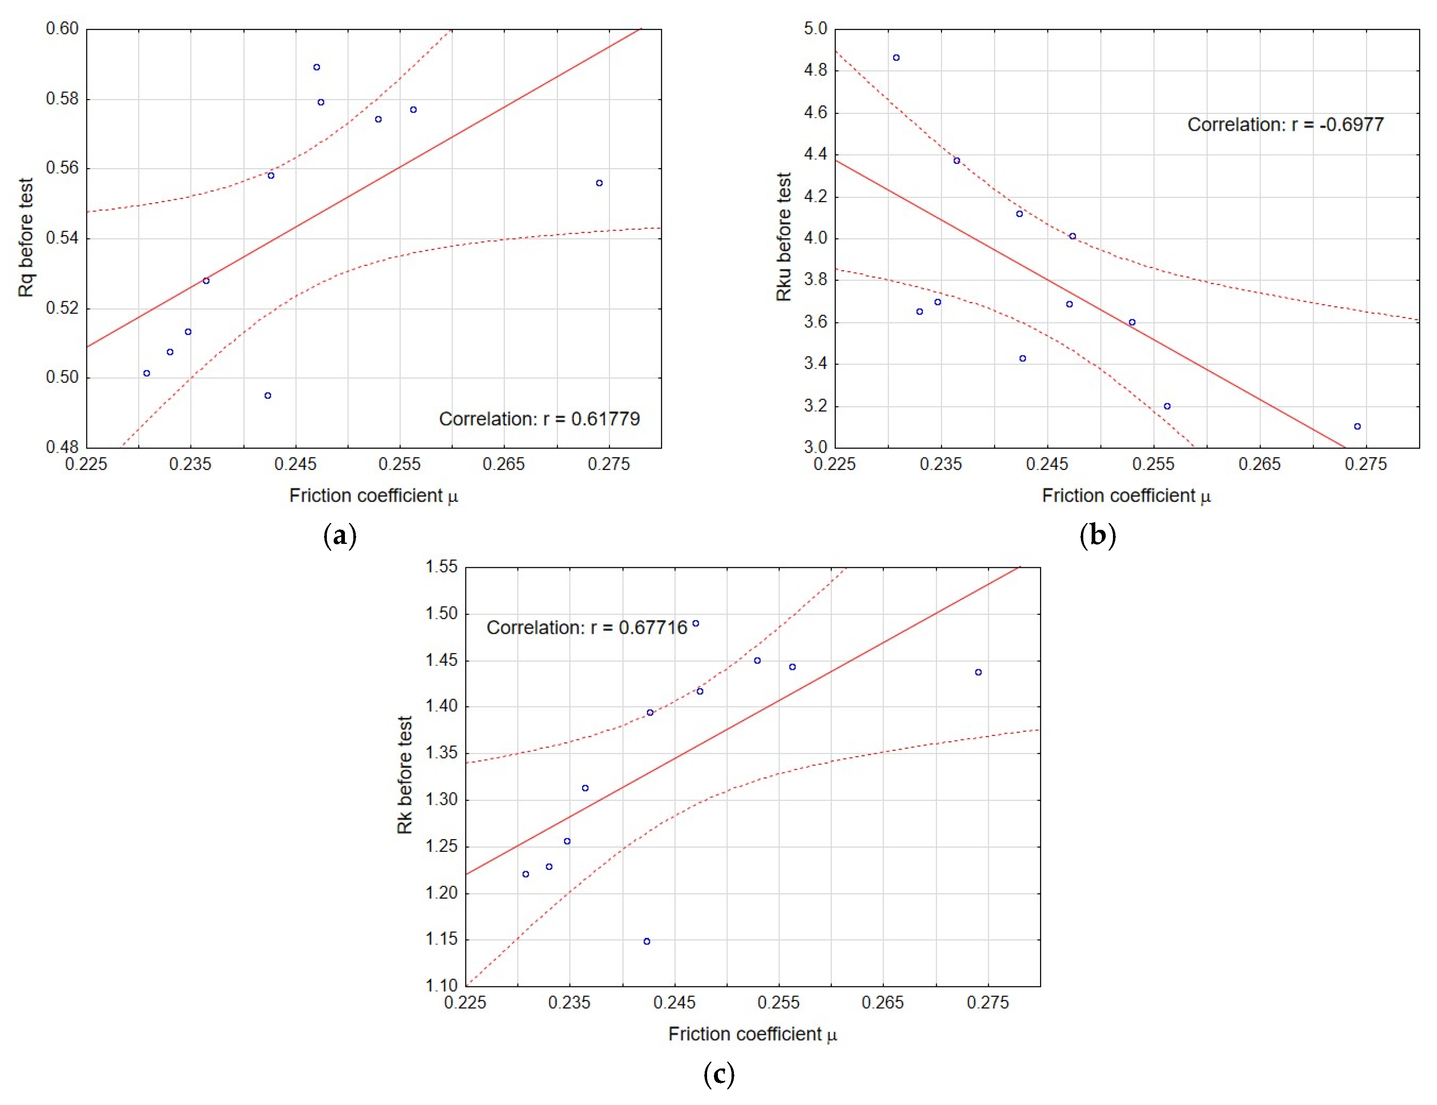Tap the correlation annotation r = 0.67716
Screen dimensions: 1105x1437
pyautogui.click(x=587, y=627)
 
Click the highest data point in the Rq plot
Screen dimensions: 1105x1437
pyautogui.click(x=316, y=67)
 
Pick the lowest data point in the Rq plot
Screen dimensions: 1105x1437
pyautogui.click(x=268, y=395)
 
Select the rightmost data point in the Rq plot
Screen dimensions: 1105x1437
pyautogui.click(x=599, y=183)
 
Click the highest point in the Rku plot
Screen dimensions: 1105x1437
pyautogui.click(x=896, y=58)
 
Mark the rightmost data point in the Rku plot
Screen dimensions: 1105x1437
pyautogui.click(x=1357, y=426)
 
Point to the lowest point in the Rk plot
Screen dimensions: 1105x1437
pyautogui.click(x=647, y=941)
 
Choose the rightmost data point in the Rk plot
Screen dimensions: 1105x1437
pyautogui.click(x=978, y=672)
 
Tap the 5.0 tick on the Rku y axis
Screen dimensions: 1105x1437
pyautogui.click(x=815, y=29)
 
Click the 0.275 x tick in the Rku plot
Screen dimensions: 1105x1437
pyautogui.click(x=1365, y=464)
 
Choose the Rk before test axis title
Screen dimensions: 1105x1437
pyautogui.click(x=404, y=775)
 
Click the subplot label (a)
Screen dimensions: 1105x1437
pyautogui.click(x=340, y=536)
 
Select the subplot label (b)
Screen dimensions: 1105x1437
pyautogui.click(x=1097, y=536)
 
